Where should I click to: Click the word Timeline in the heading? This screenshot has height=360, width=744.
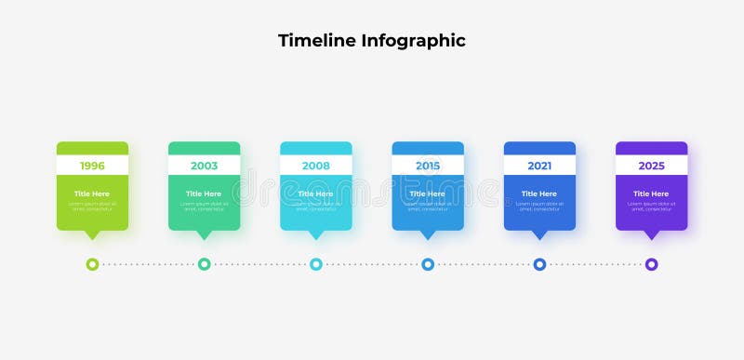[x=316, y=41]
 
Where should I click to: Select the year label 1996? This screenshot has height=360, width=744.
[x=92, y=166]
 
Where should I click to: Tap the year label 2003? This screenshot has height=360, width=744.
[x=204, y=166]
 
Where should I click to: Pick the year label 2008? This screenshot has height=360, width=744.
[x=316, y=166]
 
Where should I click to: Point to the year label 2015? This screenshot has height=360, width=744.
[x=428, y=166]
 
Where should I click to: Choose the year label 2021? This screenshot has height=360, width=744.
[x=539, y=166]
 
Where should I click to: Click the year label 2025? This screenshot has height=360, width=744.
[x=651, y=166]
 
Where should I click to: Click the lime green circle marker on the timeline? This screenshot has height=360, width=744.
[x=92, y=264]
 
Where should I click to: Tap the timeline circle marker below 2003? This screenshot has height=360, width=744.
[x=204, y=264]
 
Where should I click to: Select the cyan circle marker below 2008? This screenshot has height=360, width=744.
[x=316, y=264]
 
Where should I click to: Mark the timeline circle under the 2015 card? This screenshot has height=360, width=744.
[x=428, y=264]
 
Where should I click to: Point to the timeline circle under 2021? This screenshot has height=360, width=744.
[x=539, y=264]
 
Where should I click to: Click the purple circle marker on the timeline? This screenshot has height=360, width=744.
[x=651, y=264]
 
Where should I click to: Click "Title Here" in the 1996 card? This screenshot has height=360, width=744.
[x=92, y=193]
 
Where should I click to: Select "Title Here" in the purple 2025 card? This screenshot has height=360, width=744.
[x=651, y=193]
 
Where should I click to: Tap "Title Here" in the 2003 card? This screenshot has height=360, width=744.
[x=204, y=193]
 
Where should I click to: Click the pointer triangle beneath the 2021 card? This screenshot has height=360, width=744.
[x=539, y=234]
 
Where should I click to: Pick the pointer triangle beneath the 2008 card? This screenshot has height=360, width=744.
[x=316, y=234]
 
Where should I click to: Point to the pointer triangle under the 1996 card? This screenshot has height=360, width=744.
[x=92, y=234]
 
